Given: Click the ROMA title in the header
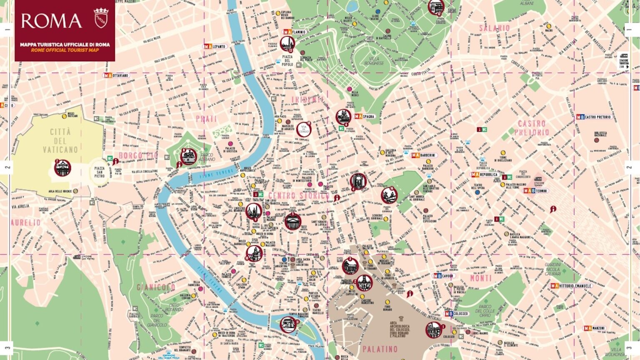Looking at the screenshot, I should pyautogui.click(x=51, y=21).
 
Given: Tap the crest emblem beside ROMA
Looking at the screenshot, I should pyautogui.click(x=101, y=18).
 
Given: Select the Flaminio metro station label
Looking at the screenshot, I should pyautogui.click(x=295, y=32).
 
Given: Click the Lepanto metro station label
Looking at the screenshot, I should pyautogui.click(x=215, y=46).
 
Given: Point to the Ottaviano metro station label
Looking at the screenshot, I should pyautogui.click(x=116, y=75).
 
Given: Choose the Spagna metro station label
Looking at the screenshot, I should pyautogui.click(x=365, y=116).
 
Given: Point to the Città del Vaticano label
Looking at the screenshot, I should pyautogui.click(x=60, y=140).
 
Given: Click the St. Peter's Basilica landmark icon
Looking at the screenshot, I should pyautogui.click(x=62, y=168).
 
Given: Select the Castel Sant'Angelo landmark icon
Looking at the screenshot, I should pyautogui.click(x=188, y=156).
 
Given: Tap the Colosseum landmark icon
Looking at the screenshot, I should pyautogui.click(x=434, y=330).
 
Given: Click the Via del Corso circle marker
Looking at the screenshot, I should pyautogui.click(x=304, y=129).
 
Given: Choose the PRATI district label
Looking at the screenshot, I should pyautogui.click(x=207, y=119).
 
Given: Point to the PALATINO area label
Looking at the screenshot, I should pyautogui.click(x=380, y=349).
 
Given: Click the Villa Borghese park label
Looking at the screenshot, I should pyautogui.click(x=374, y=61).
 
